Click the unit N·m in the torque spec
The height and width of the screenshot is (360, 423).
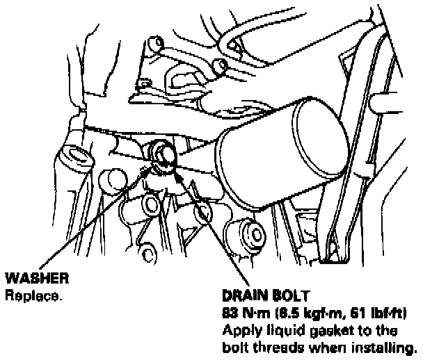(x=252, y=311)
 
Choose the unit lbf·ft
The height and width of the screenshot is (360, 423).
(x=386, y=311)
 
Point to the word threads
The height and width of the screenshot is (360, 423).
(x=289, y=345)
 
